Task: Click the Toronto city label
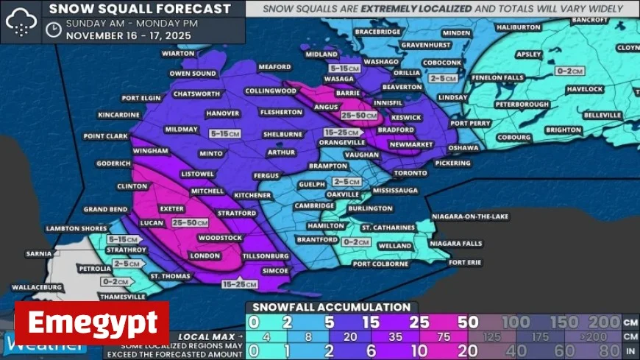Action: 410,173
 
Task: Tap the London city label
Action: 205,255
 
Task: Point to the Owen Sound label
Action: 193,74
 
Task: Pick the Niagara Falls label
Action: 455,243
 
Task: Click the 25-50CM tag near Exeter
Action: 189,222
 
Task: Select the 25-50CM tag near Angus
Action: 359,116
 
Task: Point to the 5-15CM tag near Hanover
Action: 224,134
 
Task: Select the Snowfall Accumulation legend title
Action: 331,307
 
